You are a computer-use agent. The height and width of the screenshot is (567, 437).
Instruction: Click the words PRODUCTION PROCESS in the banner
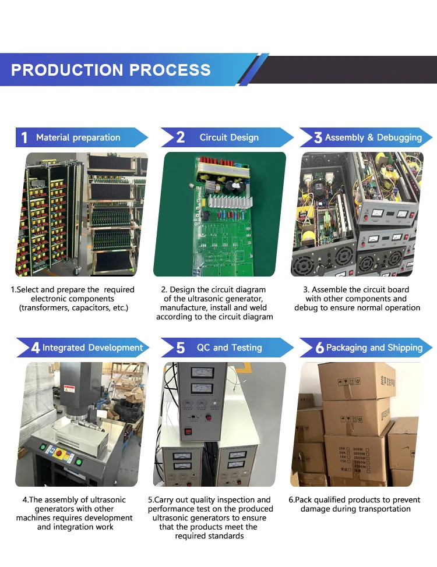[111, 70]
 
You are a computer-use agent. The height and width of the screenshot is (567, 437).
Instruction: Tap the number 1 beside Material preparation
[24, 138]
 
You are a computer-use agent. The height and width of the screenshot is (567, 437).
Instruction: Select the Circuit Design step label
[229, 137]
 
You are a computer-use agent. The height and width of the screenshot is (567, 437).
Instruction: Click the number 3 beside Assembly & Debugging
[318, 138]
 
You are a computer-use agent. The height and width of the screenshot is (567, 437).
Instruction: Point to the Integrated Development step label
[93, 348]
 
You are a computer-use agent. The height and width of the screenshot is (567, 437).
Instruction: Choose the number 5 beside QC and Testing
[181, 348]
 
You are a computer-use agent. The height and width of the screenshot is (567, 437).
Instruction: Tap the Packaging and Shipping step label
[374, 348]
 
